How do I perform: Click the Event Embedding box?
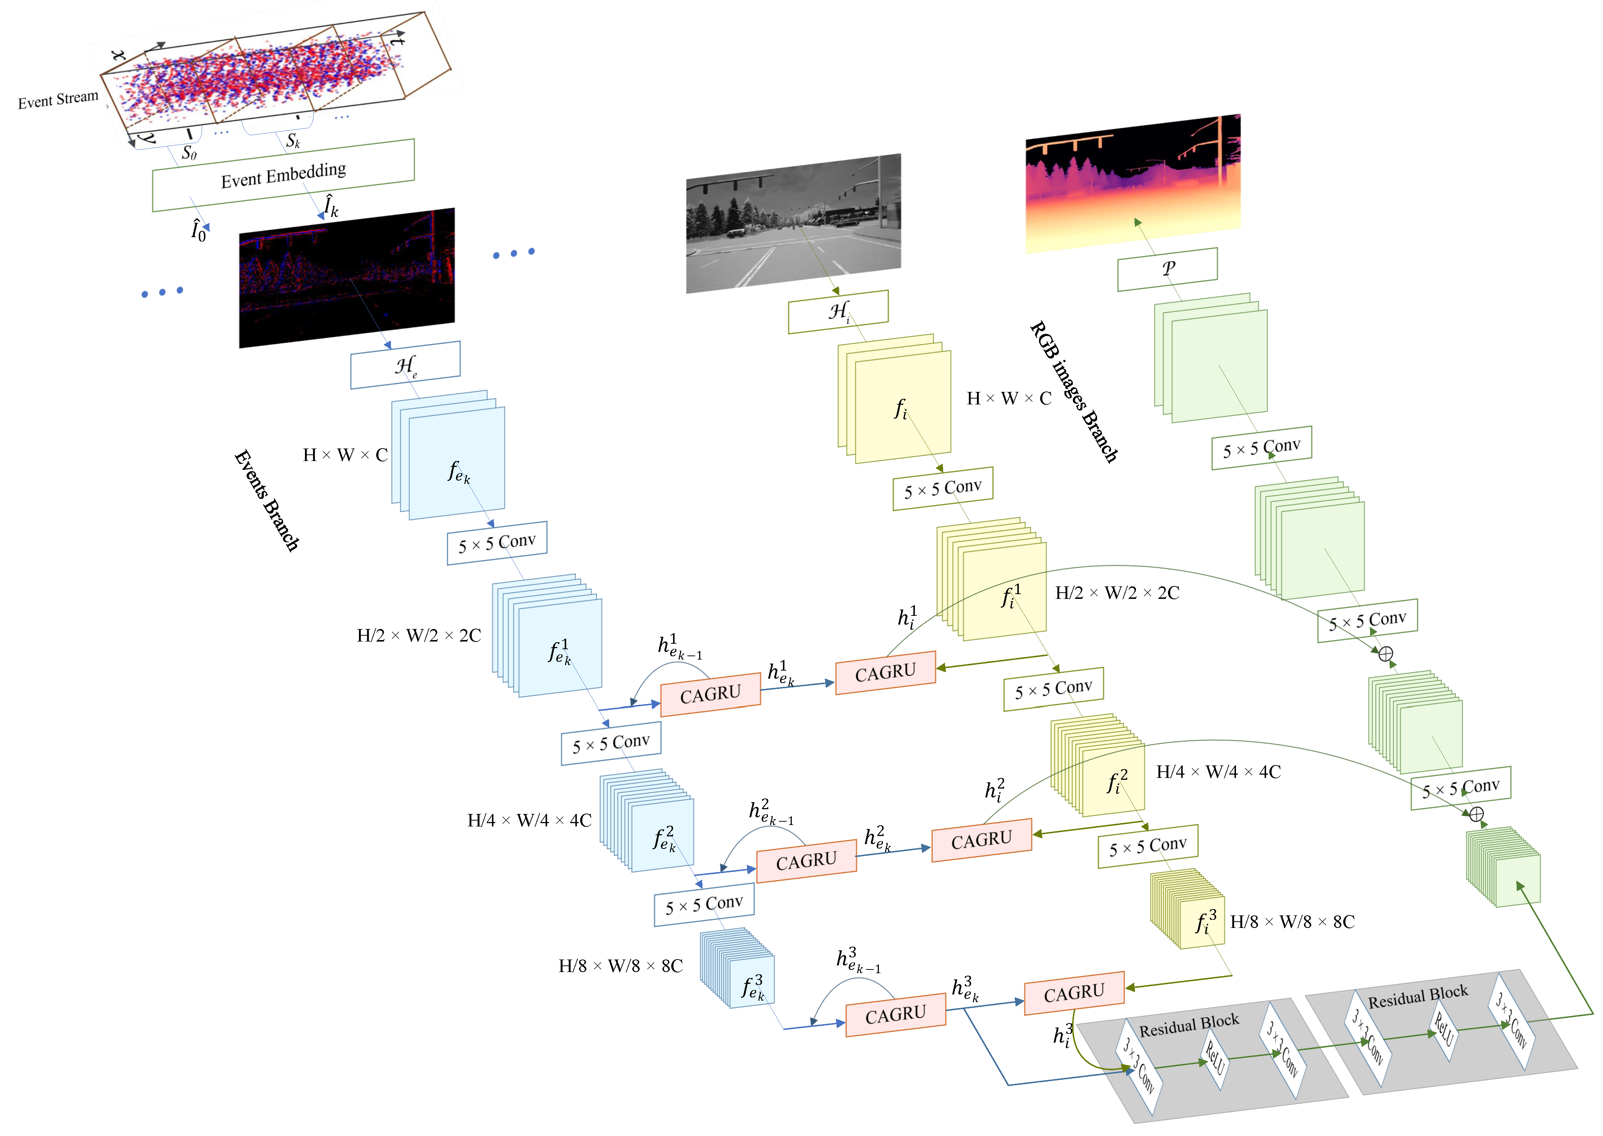pos(283,175)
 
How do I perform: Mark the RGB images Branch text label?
pos(1073,392)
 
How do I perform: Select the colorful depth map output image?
pos(1132,183)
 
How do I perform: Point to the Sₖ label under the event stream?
pos(293,140)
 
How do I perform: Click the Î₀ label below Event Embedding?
pos(198,230)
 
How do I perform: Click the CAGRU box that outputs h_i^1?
pos(885,672)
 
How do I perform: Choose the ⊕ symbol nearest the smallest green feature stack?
pos(1476,814)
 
